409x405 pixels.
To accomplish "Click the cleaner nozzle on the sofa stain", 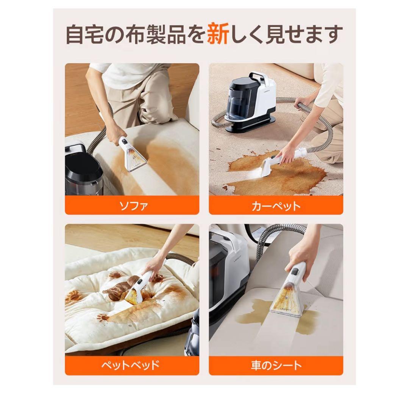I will (x=134, y=159).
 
